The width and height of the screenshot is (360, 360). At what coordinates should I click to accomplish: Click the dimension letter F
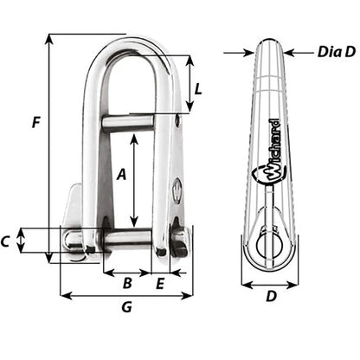coord(35,123)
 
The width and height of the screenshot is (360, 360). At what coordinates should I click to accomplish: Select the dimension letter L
coord(199,88)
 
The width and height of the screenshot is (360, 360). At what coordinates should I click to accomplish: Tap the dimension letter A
coord(122,174)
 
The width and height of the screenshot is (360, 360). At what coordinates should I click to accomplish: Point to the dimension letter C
coord(6,241)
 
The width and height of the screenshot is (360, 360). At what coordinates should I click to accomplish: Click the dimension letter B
coord(126,282)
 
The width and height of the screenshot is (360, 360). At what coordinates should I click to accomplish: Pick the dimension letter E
coord(161,282)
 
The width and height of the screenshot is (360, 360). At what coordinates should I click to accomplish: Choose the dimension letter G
coord(126,307)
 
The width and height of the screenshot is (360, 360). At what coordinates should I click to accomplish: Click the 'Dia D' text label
coord(313,53)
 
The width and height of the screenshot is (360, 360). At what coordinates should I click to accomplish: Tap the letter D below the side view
coord(270,296)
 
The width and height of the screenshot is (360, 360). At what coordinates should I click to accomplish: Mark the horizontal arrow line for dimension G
coord(126,296)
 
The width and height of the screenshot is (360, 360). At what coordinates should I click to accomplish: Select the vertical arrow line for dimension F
coord(49,147)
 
